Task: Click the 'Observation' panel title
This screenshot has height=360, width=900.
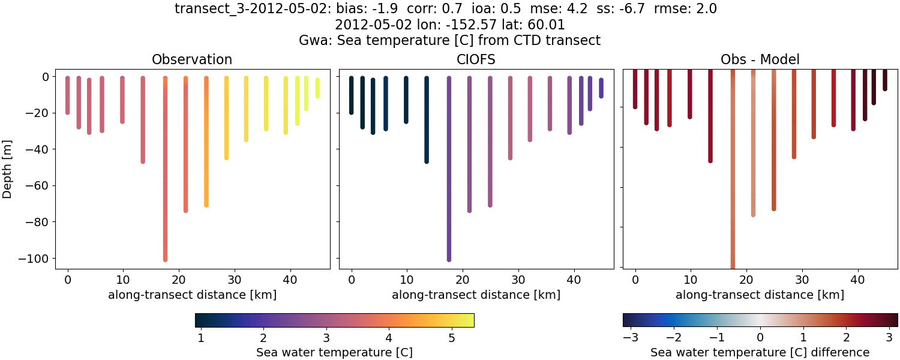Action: [192, 59]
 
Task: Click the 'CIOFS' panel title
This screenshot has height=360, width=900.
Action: [476, 59]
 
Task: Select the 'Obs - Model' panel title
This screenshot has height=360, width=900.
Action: [760, 59]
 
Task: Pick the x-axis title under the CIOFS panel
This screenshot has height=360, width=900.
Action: [476, 295]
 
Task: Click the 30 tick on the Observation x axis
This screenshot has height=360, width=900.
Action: [234, 279]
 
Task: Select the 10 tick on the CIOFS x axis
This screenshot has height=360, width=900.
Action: [407, 279]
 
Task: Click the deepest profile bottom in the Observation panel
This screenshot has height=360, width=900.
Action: [165, 259]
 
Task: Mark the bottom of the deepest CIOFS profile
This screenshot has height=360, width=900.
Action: [449, 259]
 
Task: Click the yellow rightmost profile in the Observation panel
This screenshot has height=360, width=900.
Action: [317, 88]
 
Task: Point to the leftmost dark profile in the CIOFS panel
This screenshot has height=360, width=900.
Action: [352, 95]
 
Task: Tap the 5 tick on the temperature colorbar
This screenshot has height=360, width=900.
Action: [451, 338]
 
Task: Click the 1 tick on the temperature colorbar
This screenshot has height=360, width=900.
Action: [201, 338]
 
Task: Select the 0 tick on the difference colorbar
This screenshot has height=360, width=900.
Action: [760, 338]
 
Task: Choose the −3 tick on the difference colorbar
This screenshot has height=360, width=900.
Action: [630, 338]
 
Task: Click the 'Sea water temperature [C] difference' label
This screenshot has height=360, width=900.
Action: [760, 352]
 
